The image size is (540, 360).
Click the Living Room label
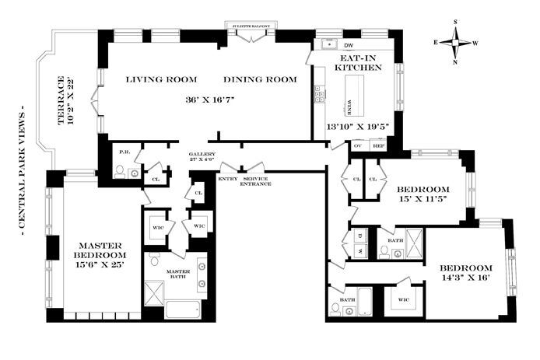(161, 79)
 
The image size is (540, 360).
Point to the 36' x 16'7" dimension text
(211, 100)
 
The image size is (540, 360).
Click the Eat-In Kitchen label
(359, 63)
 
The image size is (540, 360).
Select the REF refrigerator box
(378, 145)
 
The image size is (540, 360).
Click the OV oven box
(359, 145)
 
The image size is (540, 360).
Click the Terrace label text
(65, 101)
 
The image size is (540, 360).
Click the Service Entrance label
(255, 181)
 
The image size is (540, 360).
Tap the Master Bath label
(184, 274)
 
